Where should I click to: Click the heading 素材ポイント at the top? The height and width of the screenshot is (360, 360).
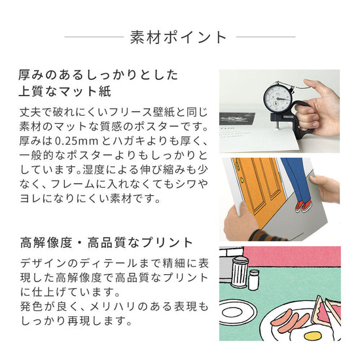pyautogui.click(x=179, y=37)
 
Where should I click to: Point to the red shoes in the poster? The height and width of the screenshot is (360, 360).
pyautogui.click(x=302, y=206)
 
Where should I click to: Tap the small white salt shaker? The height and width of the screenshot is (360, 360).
pyautogui.click(x=253, y=280)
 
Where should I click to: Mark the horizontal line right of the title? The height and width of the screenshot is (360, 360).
pyautogui.click(x=265, y=37)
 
